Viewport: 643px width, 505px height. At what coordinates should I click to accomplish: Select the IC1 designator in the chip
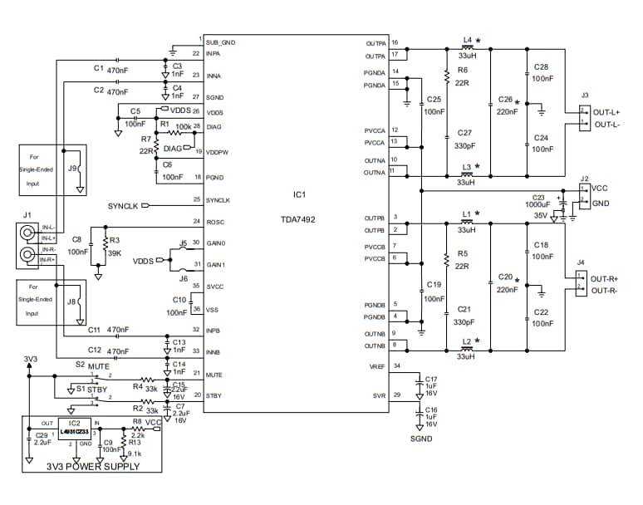(299, 195)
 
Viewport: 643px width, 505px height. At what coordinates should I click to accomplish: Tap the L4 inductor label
(466, 40)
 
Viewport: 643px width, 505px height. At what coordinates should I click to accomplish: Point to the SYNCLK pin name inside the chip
(218, 200)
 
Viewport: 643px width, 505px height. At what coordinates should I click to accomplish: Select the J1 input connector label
(27, 214)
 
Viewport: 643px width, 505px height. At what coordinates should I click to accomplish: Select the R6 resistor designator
(463, 70)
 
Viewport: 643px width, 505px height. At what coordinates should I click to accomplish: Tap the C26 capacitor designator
(505, 100)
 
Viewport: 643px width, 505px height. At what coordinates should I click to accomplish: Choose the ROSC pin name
(214, 222)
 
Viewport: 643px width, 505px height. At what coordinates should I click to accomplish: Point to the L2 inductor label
(466, 341)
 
